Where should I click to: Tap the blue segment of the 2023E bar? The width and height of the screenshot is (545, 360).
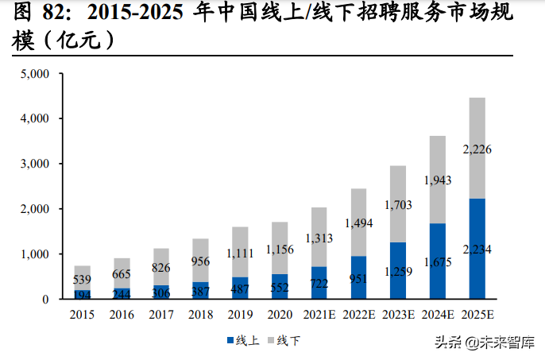coord(398,270)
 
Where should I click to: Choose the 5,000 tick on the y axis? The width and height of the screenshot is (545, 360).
coord(36,74)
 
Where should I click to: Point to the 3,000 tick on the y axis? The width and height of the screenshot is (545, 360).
coord(36,164)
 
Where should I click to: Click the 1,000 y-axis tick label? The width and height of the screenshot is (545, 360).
coord(36,254)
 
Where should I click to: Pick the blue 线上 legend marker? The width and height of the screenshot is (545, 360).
coord(231,341)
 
